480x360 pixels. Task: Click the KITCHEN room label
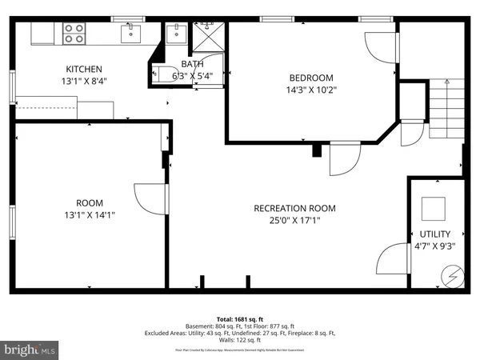click(x=83, y=69)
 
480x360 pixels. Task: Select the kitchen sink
click(x=131, y=33)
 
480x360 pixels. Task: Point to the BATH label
click(x=192, y=63)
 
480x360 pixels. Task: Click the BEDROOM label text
click(x=310, y=78)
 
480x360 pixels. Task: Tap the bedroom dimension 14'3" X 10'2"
click(x=310, y=90)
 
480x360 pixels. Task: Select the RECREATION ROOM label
click(x=294, y=208)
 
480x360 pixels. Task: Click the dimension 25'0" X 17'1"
click(x=294, y=220)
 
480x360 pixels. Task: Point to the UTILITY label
click(x=434, y=234)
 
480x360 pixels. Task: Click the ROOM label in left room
click(x=90, y=203)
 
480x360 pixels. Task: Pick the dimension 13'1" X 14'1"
click(x=90, y=214)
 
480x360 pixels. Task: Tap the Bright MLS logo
click(x=30, y=350)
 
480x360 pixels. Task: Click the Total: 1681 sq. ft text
click(x=239, y=318)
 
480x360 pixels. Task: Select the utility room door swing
click(x=392, y=260)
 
